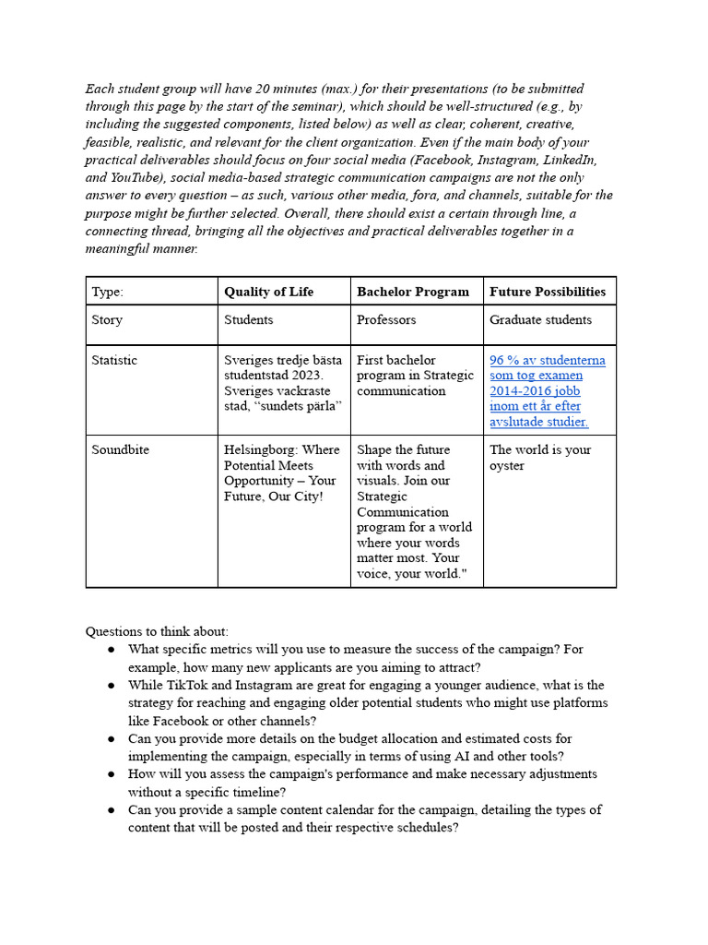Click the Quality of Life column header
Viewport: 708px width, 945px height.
pos(268,292)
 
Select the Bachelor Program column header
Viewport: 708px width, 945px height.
pos(412,292)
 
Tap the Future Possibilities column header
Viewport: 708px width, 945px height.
pos(548,292)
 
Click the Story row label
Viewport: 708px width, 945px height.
pos(107,320)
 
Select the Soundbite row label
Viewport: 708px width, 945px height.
pos(120,450)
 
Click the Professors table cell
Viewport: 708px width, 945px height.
pos(386,320)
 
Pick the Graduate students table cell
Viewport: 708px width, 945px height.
pos(540,320)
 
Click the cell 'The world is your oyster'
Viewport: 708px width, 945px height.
pos(540,458)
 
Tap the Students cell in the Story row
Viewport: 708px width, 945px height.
pos(249,320)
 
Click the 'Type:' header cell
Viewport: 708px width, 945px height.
pos(107,292)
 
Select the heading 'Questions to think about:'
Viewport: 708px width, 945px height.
pos(157,631)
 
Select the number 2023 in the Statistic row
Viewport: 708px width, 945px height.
pos(305,376)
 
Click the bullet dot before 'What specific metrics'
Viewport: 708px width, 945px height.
pos(111,650)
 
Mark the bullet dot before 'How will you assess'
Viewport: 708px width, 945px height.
pos(111,774)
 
